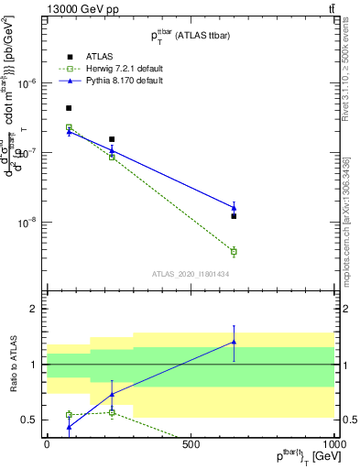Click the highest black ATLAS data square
[69, 108]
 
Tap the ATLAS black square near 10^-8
[234, 216]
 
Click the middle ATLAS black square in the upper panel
[112, 139]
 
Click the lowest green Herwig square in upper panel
[234, 251]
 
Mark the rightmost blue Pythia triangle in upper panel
[234, 208]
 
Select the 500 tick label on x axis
[191, 444]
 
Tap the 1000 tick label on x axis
[333, 444]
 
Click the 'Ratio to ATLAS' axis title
[13, 365]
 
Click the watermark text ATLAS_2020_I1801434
[191, 274]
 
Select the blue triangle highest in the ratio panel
[234, 342]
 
